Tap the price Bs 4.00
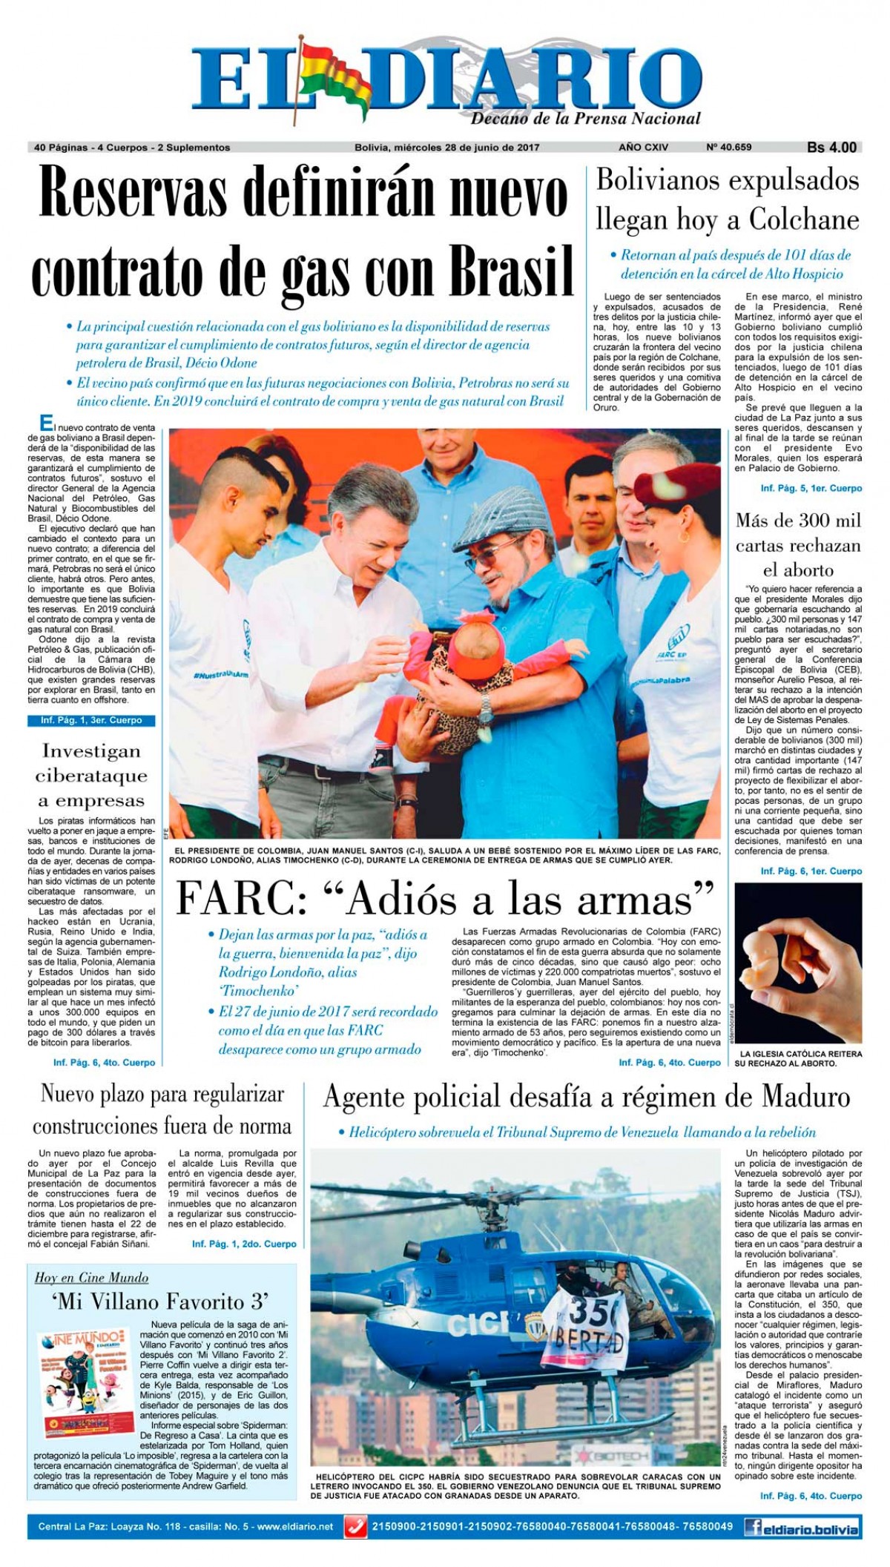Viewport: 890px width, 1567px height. point(831,147)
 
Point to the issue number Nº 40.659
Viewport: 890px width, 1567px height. point(729,147)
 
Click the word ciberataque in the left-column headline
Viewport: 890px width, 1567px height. point(91,776)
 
